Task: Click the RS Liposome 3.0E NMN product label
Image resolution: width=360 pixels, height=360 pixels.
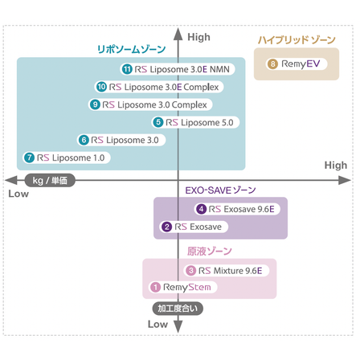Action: (x=178, y=69)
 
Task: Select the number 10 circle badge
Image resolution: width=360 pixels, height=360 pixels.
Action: (x=101, y=87)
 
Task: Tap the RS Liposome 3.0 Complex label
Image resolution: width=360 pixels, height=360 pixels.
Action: (x=150, y=104)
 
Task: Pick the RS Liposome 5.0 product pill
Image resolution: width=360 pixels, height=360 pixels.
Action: (x=195, y=122)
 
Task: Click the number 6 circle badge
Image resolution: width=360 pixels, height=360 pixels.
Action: (x=84, y=140)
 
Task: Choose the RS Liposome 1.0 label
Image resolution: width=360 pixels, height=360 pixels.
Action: (x=67, y=157)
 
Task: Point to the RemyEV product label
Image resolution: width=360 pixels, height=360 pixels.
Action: (x=297, y=64)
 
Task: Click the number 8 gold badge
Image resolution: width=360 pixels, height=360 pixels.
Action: (x=272, y=64)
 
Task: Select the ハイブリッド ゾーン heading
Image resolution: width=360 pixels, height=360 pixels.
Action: (x=297, y=40)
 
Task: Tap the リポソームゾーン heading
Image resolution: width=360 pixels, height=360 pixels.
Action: (x=131, y=49)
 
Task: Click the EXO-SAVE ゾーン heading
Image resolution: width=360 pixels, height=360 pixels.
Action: (x=220, y=190)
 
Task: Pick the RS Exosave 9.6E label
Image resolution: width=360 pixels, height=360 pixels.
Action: (x=237, y=209)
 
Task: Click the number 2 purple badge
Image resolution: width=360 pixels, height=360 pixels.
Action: (x=166, y=227)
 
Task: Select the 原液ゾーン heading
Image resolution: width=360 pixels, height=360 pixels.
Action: (x=209, y=252)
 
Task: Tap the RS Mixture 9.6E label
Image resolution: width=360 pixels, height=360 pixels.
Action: (x=227, y=271)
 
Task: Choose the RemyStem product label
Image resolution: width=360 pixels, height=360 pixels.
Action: (x=183, y=287)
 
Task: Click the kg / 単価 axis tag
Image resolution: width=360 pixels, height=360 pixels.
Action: (x=50, y=180)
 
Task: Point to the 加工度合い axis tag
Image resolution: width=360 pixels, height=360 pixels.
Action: (x=178, y=309)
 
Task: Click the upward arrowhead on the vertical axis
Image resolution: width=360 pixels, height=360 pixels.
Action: (x=178, y=34)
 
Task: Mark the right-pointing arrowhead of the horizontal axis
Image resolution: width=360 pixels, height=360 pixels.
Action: (x=345, y=180)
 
